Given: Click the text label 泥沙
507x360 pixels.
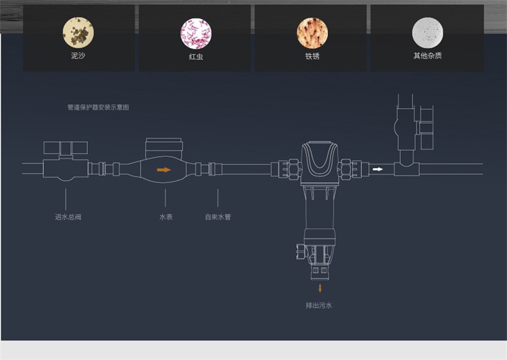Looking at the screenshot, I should (x=78, y=56).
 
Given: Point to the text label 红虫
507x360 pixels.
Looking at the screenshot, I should (x=195, y=56).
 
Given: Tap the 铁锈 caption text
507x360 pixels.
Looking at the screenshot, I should (x=312, y=56).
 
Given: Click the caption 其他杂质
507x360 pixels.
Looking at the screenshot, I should (x=427, y=56).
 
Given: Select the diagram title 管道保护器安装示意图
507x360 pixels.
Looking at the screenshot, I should (x=98, y=107).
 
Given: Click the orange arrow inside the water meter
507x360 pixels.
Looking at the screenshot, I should (x=164, y=170).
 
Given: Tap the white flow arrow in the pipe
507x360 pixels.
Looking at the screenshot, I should (x=379, y=169).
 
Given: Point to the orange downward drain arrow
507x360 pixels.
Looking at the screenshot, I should (x=320, y=288).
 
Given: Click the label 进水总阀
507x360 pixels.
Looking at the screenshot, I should (x=66, y=217).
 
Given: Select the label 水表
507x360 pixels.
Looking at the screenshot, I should (x=166, y=217).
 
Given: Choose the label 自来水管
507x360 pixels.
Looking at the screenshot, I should (x=218, y=217).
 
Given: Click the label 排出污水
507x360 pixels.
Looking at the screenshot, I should (x=319, y=305).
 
